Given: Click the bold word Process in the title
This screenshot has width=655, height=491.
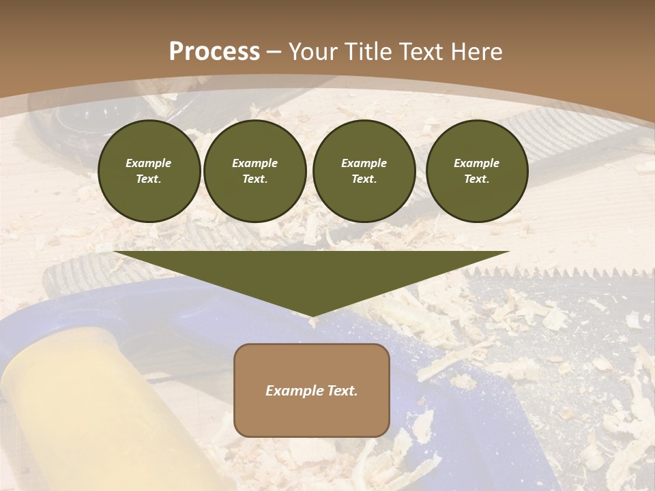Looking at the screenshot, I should tap(214, 52).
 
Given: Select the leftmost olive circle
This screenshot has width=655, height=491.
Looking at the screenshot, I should tap(149, 171).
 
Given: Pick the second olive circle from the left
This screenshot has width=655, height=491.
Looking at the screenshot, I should tap(255, 171).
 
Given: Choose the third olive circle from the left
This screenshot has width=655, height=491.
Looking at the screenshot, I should tap(364, 171).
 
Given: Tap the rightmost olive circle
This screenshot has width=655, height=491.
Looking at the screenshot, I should tap(477, 171).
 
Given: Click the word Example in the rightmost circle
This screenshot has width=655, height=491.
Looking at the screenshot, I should tap(476, 163).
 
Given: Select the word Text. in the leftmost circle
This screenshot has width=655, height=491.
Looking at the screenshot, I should tap(149, 179).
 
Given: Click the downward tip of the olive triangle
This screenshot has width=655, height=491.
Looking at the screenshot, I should tap(312, 314).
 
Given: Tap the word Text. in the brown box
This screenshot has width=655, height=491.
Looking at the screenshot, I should tap(342, 391).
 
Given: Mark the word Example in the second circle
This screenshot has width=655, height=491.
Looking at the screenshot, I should tap(254, 163).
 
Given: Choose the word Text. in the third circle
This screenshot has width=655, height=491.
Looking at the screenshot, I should tap(364, 179).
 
